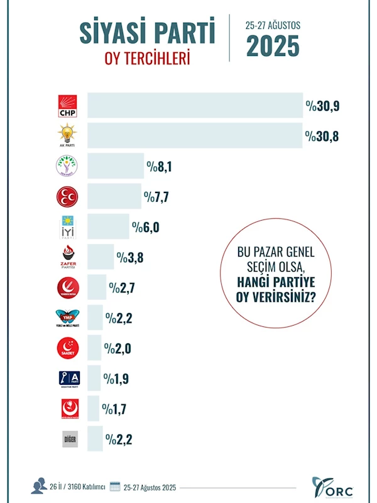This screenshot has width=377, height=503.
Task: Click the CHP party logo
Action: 68,106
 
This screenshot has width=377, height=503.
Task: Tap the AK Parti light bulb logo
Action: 68,136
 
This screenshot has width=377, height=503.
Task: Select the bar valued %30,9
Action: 195,106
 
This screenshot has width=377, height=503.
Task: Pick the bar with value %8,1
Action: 116,166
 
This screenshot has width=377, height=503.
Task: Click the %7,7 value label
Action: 157,197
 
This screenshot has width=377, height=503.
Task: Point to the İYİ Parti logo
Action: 68,227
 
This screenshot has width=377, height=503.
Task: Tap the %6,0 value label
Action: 145,227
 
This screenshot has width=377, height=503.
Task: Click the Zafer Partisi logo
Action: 68,257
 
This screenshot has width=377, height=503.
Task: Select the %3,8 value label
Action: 130,257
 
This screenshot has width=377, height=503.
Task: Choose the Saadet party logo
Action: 68,348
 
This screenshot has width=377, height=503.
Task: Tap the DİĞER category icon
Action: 69,439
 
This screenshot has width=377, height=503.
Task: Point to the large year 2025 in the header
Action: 273,46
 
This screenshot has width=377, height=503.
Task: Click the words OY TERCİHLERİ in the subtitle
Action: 147,58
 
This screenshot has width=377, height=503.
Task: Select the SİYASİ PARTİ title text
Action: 147,33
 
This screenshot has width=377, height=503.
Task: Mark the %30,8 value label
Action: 322,136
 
